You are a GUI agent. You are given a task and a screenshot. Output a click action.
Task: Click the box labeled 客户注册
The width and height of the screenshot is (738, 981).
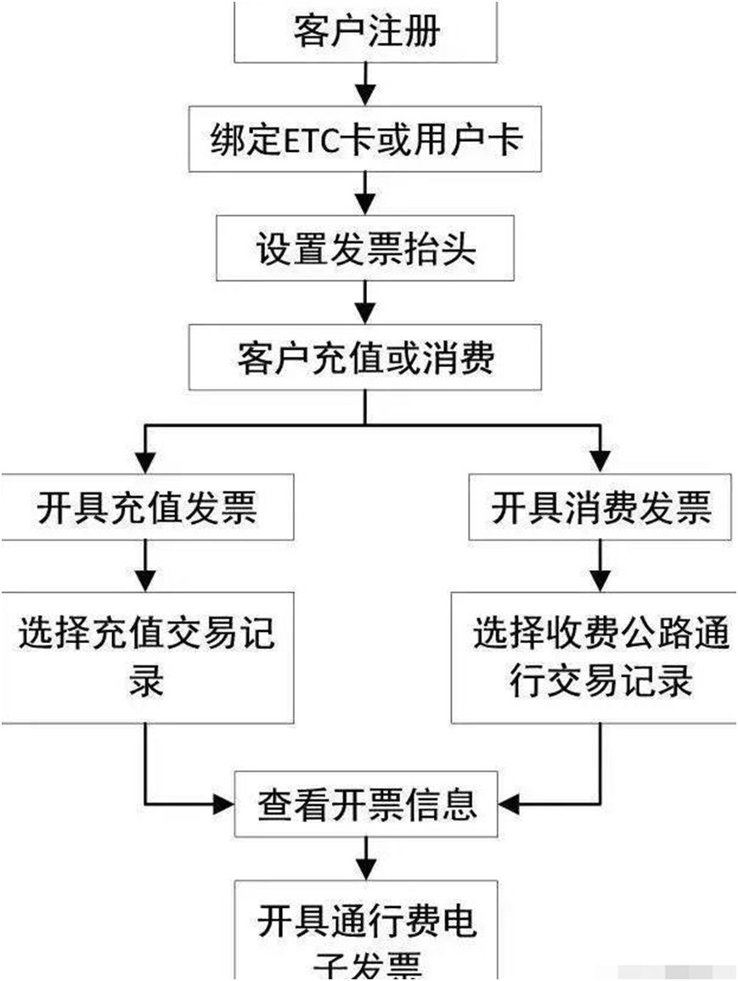click(365, 32)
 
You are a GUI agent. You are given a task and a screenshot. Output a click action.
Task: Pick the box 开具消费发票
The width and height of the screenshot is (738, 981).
click(601, 508)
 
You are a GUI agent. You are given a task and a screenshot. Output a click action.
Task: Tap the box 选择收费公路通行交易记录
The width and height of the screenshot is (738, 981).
click(594, 658)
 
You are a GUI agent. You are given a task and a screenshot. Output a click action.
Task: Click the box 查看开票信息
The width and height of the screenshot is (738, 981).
click(366, 803)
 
